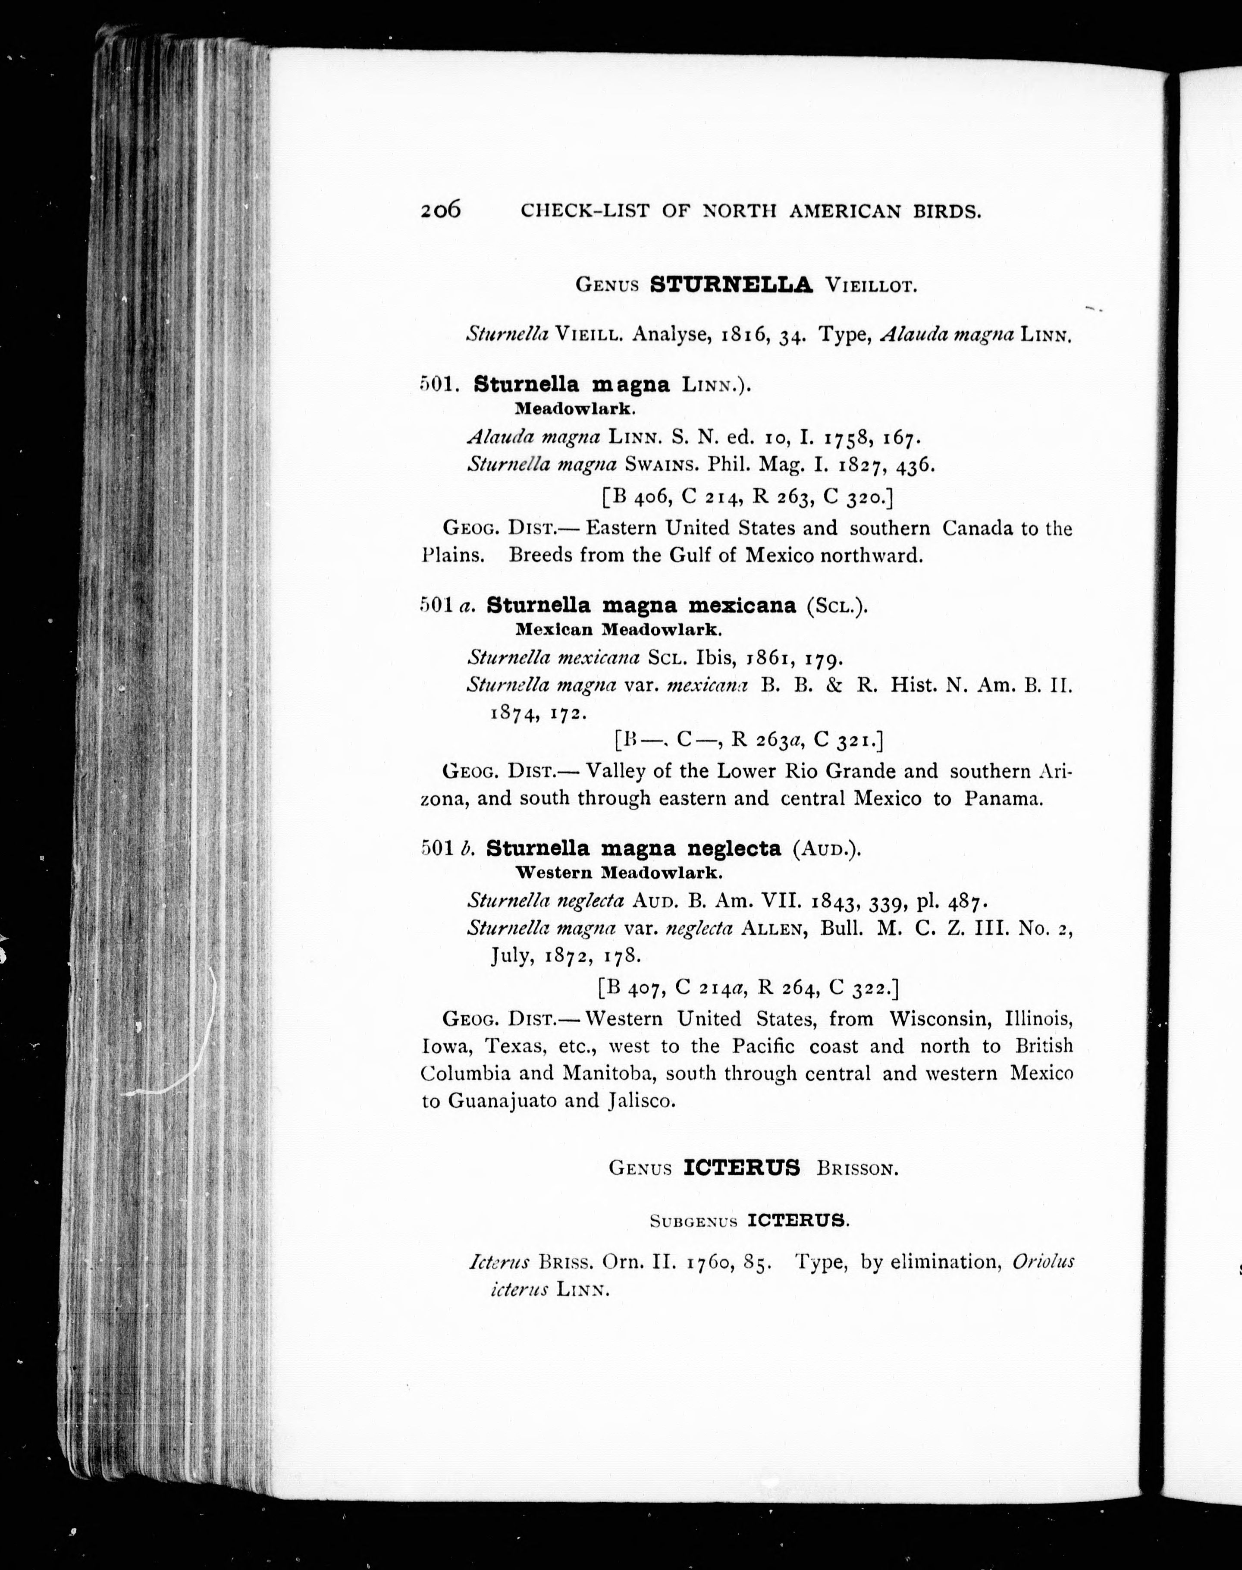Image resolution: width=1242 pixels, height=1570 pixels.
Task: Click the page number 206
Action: pos(441,210)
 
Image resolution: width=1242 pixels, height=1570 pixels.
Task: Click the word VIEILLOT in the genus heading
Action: pos(870,286)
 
